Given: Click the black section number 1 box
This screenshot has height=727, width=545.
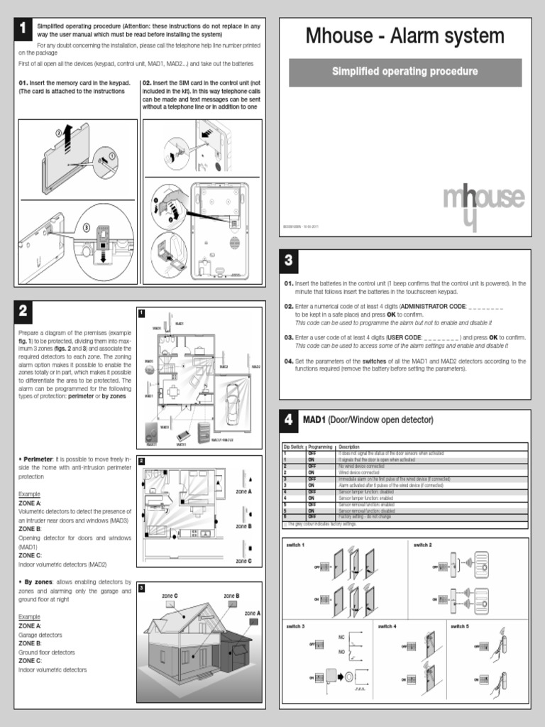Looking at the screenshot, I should click(x=23, y=28).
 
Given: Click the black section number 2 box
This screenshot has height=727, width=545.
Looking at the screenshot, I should click(x=23, y=310).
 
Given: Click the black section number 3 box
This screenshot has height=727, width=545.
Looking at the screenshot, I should click(x=289, y=261).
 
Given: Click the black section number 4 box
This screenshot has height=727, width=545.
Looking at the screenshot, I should click(x=289, y=420).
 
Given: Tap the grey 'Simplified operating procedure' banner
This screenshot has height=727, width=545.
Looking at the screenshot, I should click(x=404, y=72).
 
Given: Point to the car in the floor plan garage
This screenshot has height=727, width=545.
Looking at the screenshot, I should click(x=231, y=404).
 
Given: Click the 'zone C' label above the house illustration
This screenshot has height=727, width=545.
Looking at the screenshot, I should click(x=170, y=596).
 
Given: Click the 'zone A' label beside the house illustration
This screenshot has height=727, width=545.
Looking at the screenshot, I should click(x=253, y=612).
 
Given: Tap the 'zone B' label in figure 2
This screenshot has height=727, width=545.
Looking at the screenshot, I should click(x=243, y=526).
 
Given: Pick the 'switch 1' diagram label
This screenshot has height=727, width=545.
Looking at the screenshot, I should click(x=295, y=544).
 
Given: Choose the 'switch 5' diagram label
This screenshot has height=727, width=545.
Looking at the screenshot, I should click(x=459, y=626).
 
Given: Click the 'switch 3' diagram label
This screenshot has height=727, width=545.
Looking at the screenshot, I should click(x=295, y=626).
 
